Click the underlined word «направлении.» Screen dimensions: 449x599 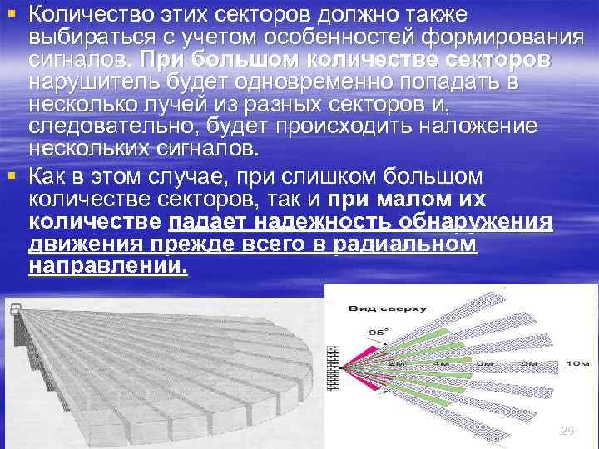[108, 267]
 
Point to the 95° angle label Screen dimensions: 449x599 [379, 333]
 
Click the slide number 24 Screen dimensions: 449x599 [567, 431]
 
